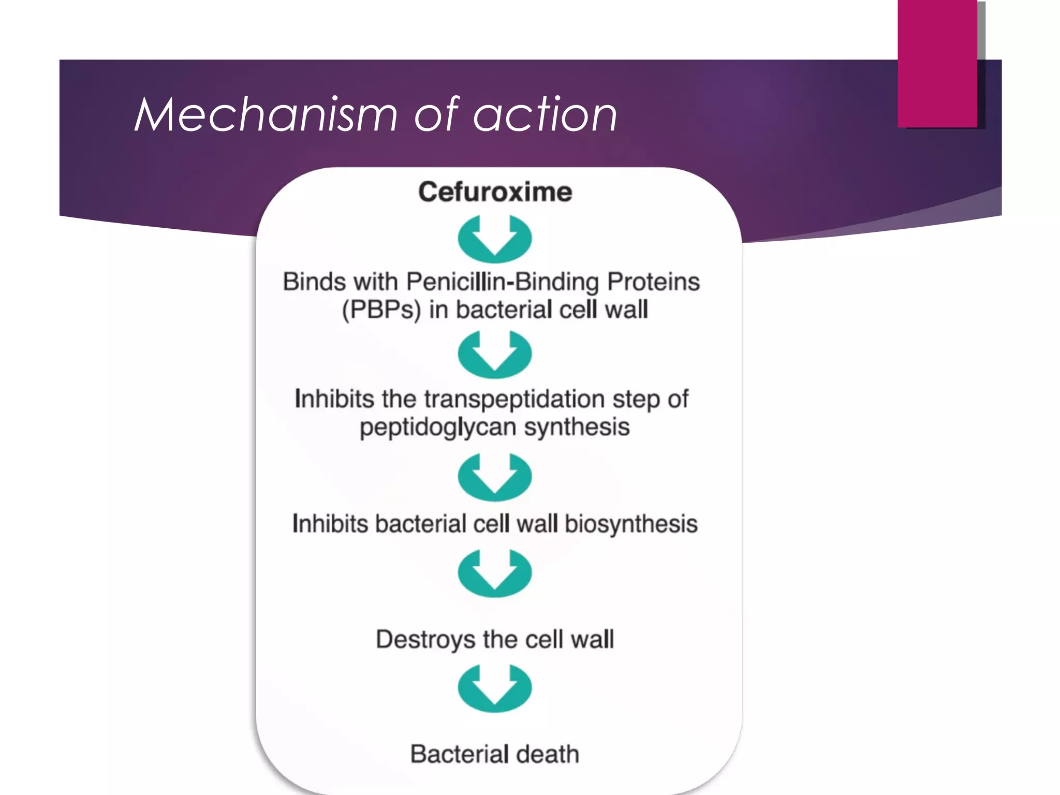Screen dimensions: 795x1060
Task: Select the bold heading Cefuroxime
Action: tap(495, 192)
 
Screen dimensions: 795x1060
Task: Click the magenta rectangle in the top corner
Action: tap(937, 63)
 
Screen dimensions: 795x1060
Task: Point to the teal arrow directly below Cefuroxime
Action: tap(495, 240)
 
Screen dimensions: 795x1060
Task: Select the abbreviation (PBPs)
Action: tap(381, 310)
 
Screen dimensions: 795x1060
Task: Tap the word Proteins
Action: tap(653, 283)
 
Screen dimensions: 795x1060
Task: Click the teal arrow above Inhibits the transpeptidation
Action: tap(495, 355)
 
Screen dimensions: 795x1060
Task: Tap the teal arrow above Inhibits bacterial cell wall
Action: tap(495, 477)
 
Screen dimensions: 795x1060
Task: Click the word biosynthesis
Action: tap(631, 524)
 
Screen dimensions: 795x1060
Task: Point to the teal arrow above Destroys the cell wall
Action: tap(495, 573)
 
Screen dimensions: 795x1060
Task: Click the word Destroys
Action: tap(425, 640)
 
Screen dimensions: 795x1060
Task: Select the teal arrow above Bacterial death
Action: tap(495, 689)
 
